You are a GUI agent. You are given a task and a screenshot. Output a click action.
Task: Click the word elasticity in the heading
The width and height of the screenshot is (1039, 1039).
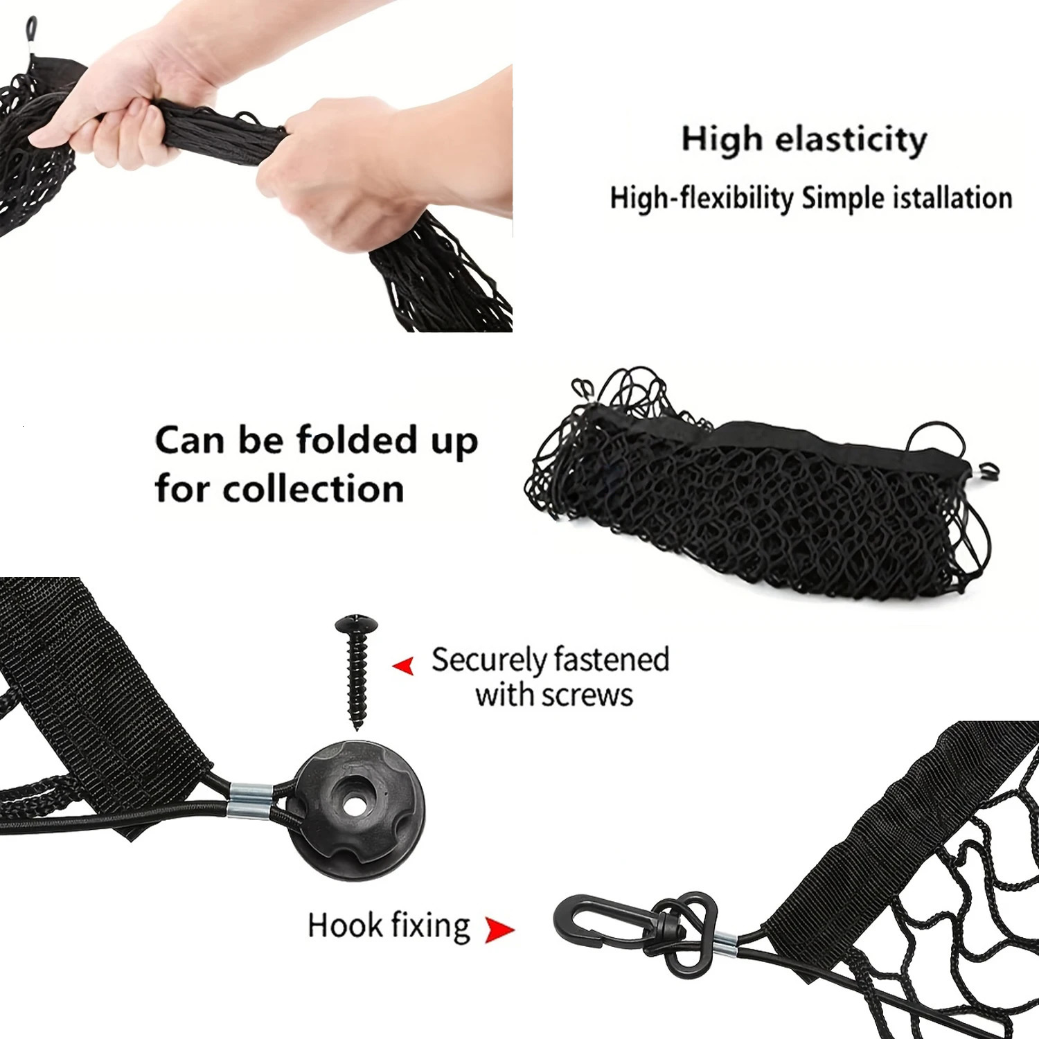tap(851, 141)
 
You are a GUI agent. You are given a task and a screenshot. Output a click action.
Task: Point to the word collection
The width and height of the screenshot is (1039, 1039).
tap(313, 488)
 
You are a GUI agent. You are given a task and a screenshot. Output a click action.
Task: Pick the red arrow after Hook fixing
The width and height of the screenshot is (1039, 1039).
tap(499, 930)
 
